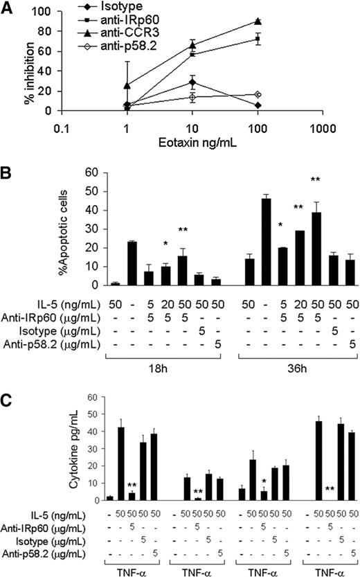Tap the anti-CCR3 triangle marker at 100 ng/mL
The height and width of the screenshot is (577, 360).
click(258, 21)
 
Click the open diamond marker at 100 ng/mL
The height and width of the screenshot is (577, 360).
click(258, 94)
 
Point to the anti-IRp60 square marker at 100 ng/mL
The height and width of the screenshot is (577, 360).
click(258, 39)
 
